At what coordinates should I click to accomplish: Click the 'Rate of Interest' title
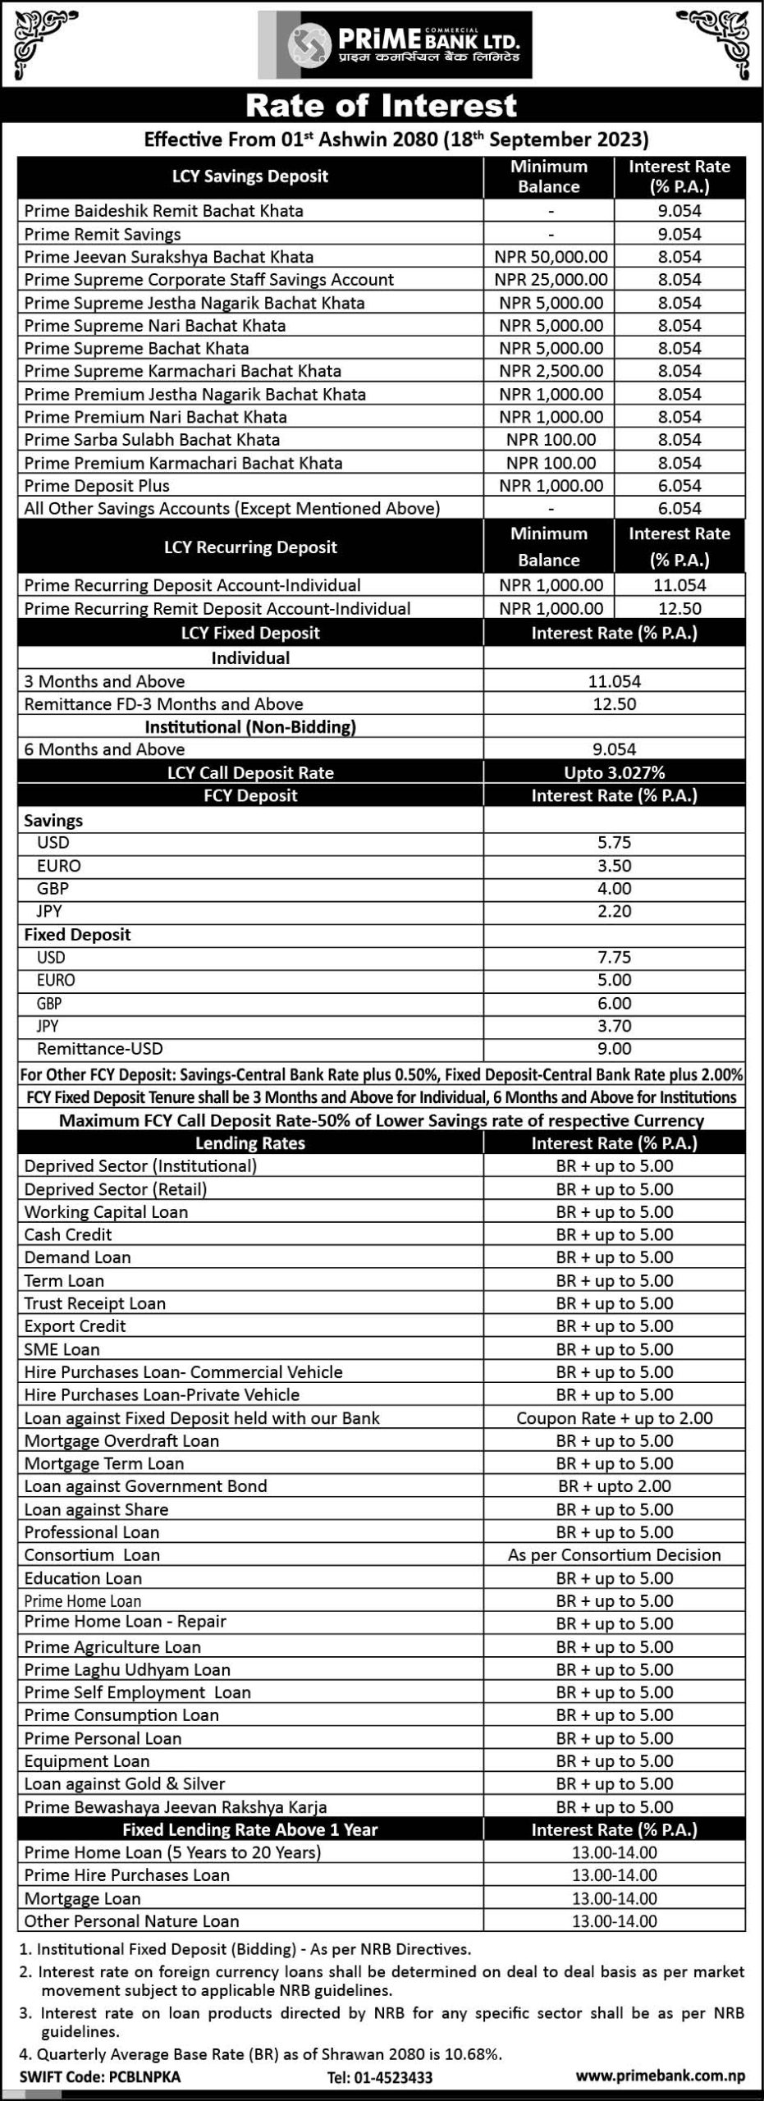pos(382,106)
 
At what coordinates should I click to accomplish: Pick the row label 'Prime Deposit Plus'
pos(97,486)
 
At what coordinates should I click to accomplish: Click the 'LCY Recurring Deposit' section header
pos(250,547)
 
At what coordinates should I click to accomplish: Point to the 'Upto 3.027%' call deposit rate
pos(614,772)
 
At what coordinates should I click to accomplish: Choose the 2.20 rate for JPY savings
pos(614,911)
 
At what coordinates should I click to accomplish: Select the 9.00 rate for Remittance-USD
pos(614,1049)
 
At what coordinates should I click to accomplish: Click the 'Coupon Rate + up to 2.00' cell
pos(614,1418)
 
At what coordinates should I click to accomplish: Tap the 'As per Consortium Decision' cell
pos(614,1555)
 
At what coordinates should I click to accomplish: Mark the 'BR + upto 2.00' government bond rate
pos(614,1486)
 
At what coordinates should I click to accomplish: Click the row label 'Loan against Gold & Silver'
pos(125,1783)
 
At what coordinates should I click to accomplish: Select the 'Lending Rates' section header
pos(250,1143)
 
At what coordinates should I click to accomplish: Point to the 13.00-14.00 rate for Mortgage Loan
pos(614,1898)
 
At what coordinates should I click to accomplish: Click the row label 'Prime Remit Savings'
pos(103,235)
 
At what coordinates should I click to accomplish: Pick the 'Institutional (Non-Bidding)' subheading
pos(250,727)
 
